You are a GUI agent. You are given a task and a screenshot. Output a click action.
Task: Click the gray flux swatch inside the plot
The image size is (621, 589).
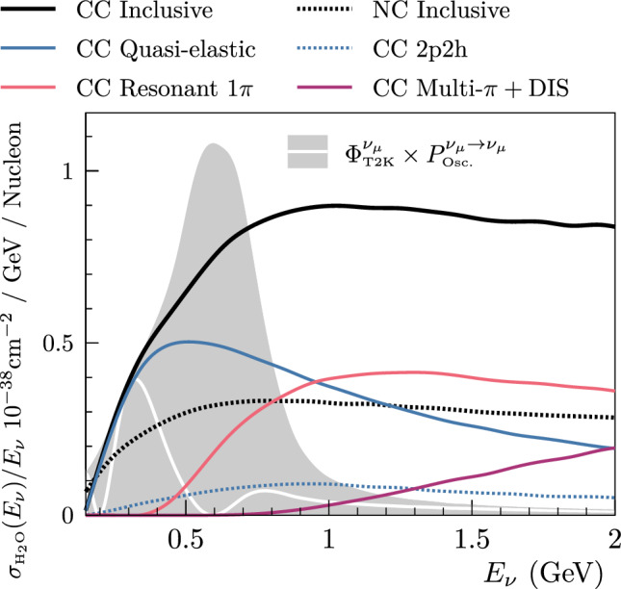point(308,152)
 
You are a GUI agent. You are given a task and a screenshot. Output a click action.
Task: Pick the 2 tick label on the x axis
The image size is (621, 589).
point(613,536)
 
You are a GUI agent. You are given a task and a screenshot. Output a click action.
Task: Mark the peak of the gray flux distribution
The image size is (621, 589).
point(211,145)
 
